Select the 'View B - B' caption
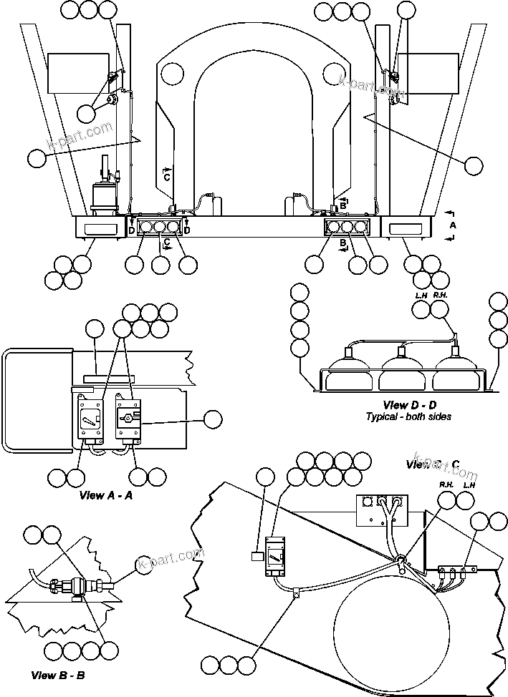pyautogui.click(x=59, y=675)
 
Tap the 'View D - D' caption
pyautogui.click(x=408, y=405)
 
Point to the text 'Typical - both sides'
pyautogui.click(x=408, y=416)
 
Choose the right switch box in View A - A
pyautogui.click(x=129, y=419)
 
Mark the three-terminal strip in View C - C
pyautogui.click(x=456, y=571)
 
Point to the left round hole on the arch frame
pyautogui.click(x=173, y=73)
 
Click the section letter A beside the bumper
pyautogui.click(x=451, y=225)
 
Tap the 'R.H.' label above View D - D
pyautogui.click(x=440, y=294)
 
